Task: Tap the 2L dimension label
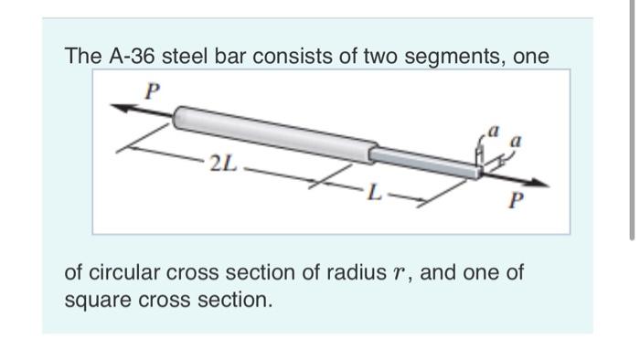tap(222, 166)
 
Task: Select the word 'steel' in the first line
tap(184, 57)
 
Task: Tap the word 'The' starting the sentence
tap(80, 57)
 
